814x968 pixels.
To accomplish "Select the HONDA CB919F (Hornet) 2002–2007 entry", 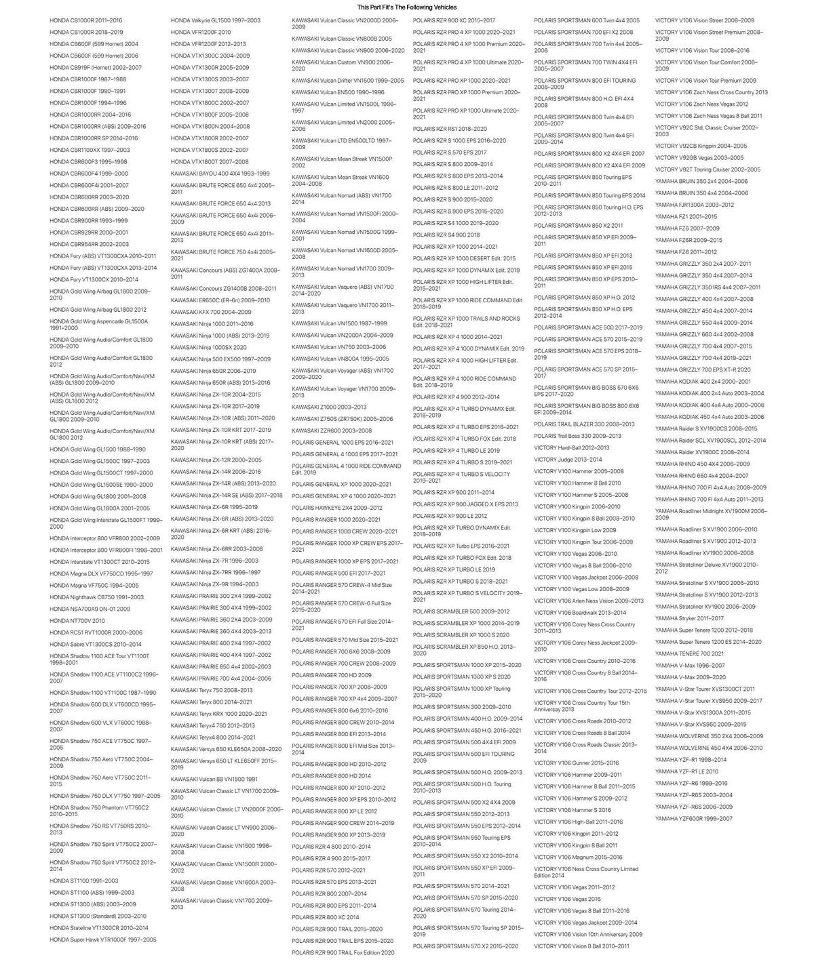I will click(96, 68).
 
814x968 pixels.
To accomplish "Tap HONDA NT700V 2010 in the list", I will click(77, 621).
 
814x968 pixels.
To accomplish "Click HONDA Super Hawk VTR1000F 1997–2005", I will click(102, 940).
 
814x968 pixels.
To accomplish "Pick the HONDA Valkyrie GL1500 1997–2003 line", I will click(215, 20).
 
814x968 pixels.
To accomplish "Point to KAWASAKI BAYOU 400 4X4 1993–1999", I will click(220, 174).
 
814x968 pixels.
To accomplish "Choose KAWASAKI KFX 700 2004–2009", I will click(210, 312).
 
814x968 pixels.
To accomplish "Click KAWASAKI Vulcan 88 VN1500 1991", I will click(214, 780).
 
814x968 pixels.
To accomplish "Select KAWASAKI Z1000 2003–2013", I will click(329, 407).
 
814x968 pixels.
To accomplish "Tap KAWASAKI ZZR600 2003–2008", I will click(332, 431).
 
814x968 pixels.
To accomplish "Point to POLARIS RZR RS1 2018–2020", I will click(450, 129).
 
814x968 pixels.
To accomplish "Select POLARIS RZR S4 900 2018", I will click(446, 235).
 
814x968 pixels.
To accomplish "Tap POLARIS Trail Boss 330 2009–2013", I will click(577, 437).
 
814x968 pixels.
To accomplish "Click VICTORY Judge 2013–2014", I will click(568, 460).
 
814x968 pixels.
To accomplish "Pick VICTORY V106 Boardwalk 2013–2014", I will click(580, 613).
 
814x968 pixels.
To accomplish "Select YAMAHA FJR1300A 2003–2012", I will click(695, 205).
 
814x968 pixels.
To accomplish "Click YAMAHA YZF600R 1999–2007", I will click(694, 819).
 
